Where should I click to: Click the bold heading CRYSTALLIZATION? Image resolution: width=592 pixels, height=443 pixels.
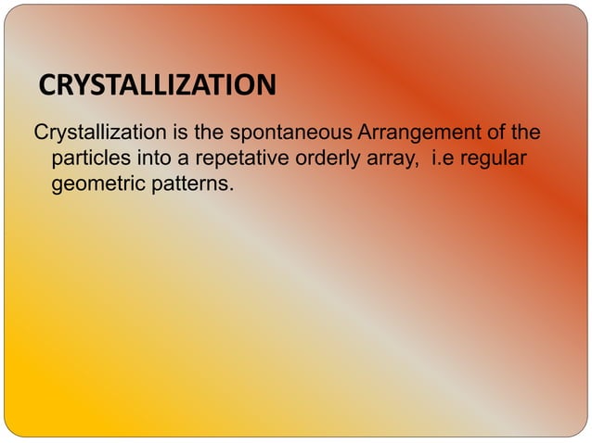[158, 87]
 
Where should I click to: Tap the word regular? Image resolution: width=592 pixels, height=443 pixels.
[495, 159]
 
